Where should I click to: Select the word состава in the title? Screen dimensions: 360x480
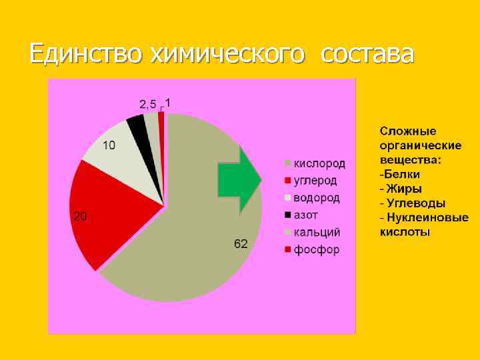367,53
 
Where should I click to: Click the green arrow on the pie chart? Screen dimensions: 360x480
239,177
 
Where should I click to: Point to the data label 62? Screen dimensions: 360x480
241,245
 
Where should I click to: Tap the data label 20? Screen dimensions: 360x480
78,216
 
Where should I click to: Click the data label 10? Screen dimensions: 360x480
108,145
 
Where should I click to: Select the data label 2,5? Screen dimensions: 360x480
147,104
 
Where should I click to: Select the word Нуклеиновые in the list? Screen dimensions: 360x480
427,218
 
